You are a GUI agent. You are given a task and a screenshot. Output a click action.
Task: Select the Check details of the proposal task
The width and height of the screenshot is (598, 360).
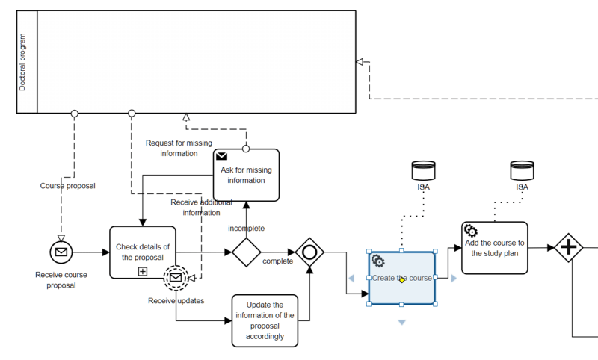click(142, 246)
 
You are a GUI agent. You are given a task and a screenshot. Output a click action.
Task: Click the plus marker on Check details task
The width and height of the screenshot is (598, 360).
click(142, 271)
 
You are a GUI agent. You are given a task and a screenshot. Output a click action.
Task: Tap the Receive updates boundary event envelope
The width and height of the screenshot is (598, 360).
click(176, 278)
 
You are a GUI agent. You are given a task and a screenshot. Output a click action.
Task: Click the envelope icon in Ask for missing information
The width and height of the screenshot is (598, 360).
click(222, 157)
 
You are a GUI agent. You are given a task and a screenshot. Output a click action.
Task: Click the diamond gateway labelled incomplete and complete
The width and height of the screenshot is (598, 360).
click(246, 252)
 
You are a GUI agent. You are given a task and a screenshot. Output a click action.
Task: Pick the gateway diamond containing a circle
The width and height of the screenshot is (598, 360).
click(309, 252)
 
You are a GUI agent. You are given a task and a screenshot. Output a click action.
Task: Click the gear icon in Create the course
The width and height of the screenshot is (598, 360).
click(378, 261)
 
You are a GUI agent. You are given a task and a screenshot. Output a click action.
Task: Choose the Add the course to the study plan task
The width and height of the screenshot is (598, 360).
click(494, 248)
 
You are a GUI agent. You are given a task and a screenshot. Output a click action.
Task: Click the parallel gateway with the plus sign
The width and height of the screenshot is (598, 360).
click(568, 247)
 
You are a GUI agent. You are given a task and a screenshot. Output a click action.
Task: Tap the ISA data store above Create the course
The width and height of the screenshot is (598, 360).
click(423, 170)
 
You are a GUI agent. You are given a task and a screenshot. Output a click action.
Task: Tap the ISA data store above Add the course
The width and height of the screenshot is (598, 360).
click(521, 170)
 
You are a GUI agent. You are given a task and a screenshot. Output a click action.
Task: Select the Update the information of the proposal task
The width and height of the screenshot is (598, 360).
click(265, 320)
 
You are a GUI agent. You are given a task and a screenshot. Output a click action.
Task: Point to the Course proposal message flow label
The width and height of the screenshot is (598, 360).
click(68, 185)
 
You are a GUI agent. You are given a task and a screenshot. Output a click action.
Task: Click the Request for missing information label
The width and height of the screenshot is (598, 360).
click(179, 148)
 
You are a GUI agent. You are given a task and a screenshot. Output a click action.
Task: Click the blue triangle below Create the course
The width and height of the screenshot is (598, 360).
click(402, 322)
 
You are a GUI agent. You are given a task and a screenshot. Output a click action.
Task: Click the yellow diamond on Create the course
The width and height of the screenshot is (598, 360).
click(402, 280)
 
